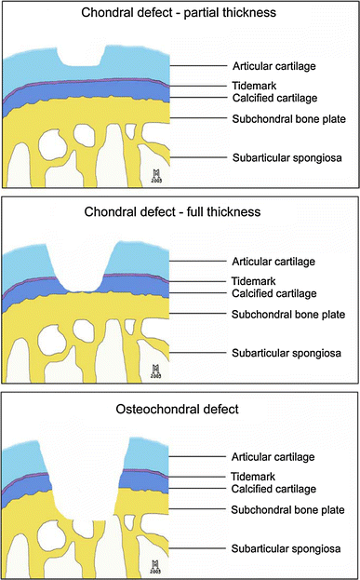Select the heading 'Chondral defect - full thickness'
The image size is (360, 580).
[180, 211]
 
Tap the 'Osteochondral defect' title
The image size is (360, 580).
[180, 403]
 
